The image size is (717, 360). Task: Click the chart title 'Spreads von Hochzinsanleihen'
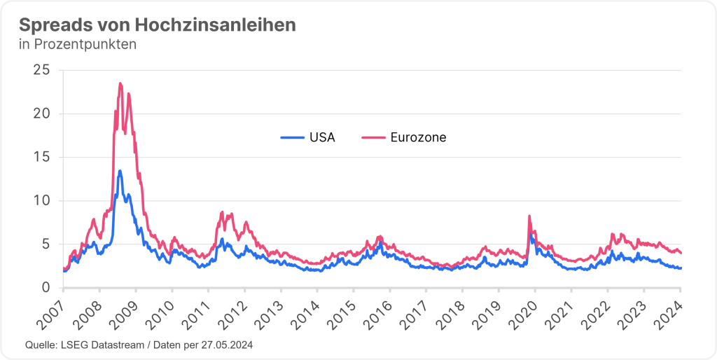(157, 25)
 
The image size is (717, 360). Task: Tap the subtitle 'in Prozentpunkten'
(77, 45)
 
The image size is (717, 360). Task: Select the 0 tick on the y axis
(46, 287)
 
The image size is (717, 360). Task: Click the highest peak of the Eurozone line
(120, 83)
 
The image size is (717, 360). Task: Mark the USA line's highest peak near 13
(120, 171)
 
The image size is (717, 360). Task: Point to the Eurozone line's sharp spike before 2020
(529, 216)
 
